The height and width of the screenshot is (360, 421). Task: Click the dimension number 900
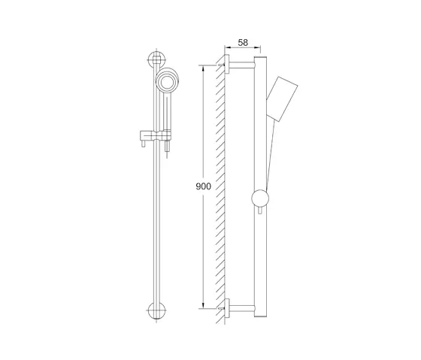pyautogui.click(x=202, y=186)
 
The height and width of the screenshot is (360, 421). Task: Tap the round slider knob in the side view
pyautogui.click(x=259, y=199)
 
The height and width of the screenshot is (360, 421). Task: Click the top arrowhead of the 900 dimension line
pyautogui.click(x=202, y=68)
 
